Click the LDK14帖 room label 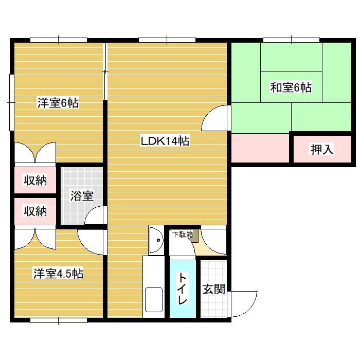coord(165,141)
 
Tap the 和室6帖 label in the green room coord(291,87)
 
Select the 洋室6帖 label coord(58,103)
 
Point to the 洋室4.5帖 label coord(58,273)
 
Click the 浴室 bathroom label coord(82,196)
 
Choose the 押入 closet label coord(322,149)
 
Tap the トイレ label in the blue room coord(183,289)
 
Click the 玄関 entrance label coord(214,289)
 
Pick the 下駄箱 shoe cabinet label coord(183,235)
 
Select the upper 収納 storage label coord(35,180)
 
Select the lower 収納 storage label coord(35,211)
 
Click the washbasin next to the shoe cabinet coord(156,240)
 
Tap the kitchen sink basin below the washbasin coord(154,300)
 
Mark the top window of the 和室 coord(291,40)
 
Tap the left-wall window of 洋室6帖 coord(11,102)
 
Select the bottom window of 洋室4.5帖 coord(59,320)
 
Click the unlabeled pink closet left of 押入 coord(260,148)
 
